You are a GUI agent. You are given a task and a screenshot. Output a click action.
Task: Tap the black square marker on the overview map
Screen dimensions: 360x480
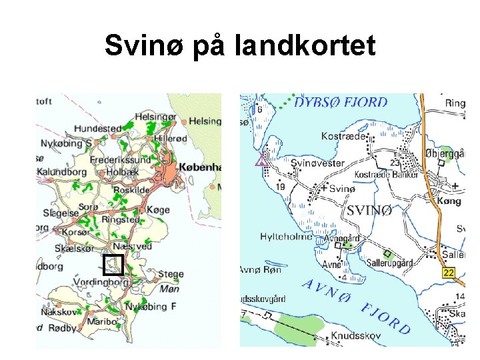coord(113,265)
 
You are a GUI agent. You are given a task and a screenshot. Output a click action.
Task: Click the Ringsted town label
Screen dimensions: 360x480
coord(121,219)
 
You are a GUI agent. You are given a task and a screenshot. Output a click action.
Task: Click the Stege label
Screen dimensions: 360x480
coord(170,273)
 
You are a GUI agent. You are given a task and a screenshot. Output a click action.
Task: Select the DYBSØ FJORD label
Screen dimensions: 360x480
coord(341,102)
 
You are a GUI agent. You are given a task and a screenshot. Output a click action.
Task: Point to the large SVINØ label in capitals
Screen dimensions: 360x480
coord(369,210)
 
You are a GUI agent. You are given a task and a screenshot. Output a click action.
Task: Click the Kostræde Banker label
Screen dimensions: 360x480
coord(386,175)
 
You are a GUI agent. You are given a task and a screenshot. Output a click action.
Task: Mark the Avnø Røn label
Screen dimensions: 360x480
coord(260,270)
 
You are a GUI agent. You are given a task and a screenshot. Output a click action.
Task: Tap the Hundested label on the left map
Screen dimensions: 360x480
coord(99,128)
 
